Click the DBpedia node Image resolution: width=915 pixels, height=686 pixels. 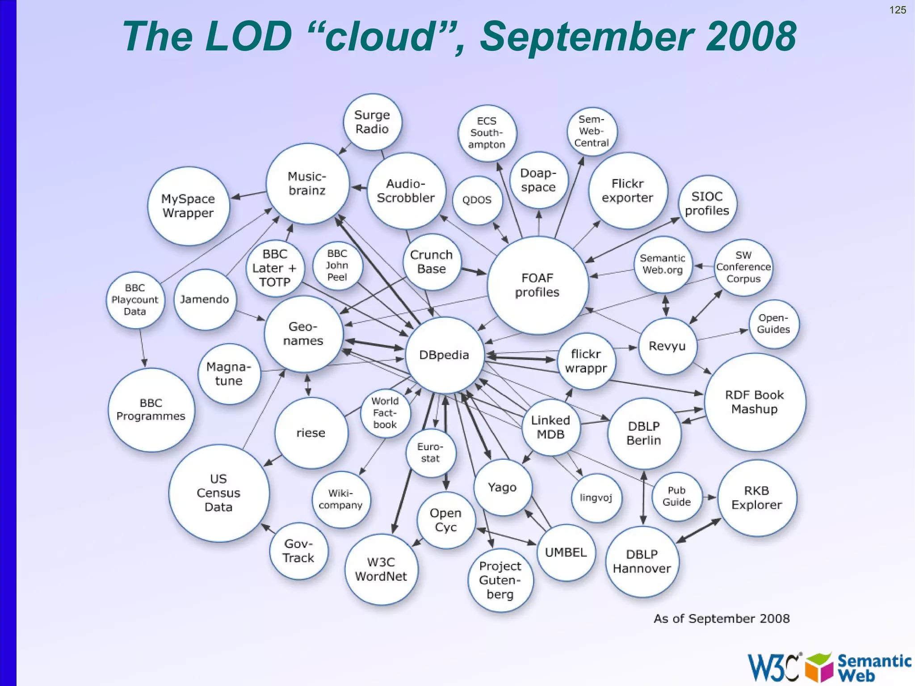[444, 355]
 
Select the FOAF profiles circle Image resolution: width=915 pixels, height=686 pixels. [537, 285]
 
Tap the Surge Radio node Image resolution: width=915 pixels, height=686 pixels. [372, 122]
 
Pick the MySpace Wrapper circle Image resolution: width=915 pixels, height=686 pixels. [188, 206]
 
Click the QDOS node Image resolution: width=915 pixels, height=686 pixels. [477, 200]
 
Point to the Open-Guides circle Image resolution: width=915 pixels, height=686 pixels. [773, 324]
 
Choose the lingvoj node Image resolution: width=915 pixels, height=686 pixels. [596, 498]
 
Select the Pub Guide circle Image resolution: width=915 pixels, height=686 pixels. [676, 497]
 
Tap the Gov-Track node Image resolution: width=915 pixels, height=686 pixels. [298, 551]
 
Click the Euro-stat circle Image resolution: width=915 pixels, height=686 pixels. [430, 453]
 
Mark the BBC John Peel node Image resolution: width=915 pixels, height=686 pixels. [337, 265]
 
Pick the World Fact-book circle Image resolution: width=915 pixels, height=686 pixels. [385, 413]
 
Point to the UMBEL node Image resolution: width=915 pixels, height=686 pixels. [566, 552]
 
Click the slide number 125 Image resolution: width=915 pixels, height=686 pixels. [897, 10]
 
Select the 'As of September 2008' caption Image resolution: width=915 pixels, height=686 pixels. [721, 619]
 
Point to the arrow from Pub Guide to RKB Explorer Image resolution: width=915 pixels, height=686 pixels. [709, 497]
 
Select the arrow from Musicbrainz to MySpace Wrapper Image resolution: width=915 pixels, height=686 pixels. [248, 195]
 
